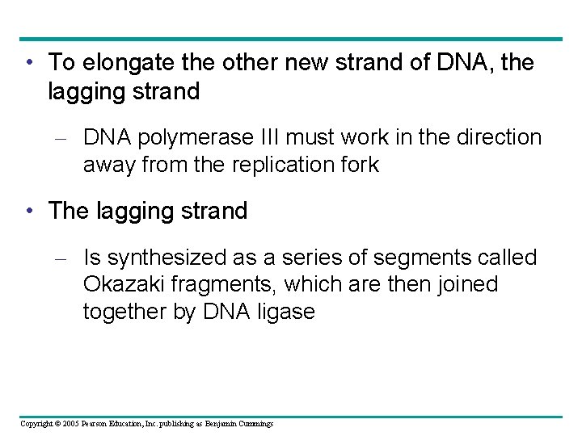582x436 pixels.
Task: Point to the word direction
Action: click(x=496, y=137)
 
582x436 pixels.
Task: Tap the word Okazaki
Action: click(x=121, y=285)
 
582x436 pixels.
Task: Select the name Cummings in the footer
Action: click(x=255, y=424)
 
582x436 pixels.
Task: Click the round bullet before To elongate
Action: click(x=30, y=62)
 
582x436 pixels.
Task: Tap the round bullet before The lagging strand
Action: click(x=30, y=212)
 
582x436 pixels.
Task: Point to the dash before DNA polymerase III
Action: click(x=66, y=138)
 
